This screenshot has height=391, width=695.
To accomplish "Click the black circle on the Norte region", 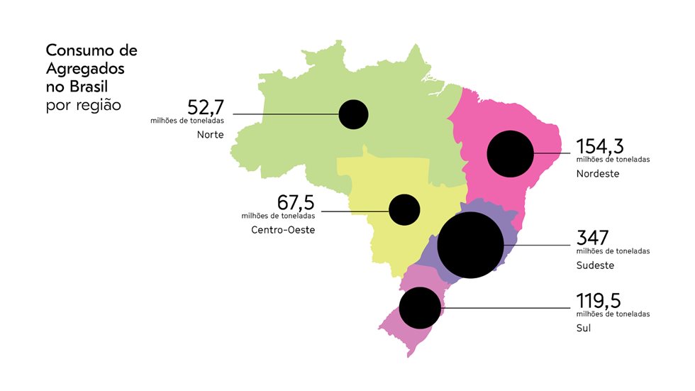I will [x=353, y=114].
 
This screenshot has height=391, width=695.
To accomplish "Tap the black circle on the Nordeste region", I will [x=510, y=153].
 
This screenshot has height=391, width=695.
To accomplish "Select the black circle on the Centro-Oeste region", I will [x=405, y=210].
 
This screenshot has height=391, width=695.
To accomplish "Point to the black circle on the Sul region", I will [x=421, y=308].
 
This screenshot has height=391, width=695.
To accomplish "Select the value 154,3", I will [x=600, y=146].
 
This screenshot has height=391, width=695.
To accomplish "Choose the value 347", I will [x=593, y=238].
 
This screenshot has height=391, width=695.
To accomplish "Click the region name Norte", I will [x=211, y=135].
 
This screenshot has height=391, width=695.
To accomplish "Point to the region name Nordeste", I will [x=598, y=173].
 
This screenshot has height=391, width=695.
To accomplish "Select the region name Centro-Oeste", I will [x=282, y=230].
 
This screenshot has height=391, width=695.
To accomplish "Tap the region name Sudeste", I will [x=595, y=265].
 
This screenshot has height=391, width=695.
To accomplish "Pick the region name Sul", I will [x=584, y=329].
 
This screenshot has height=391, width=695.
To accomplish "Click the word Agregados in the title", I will [x=85, y=69].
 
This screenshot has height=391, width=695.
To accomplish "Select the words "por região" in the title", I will [x=83, y=105].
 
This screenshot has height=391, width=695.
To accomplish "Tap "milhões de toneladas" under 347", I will [x=613, y=250].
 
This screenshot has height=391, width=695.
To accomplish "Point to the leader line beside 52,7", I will [x=284, y=114].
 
